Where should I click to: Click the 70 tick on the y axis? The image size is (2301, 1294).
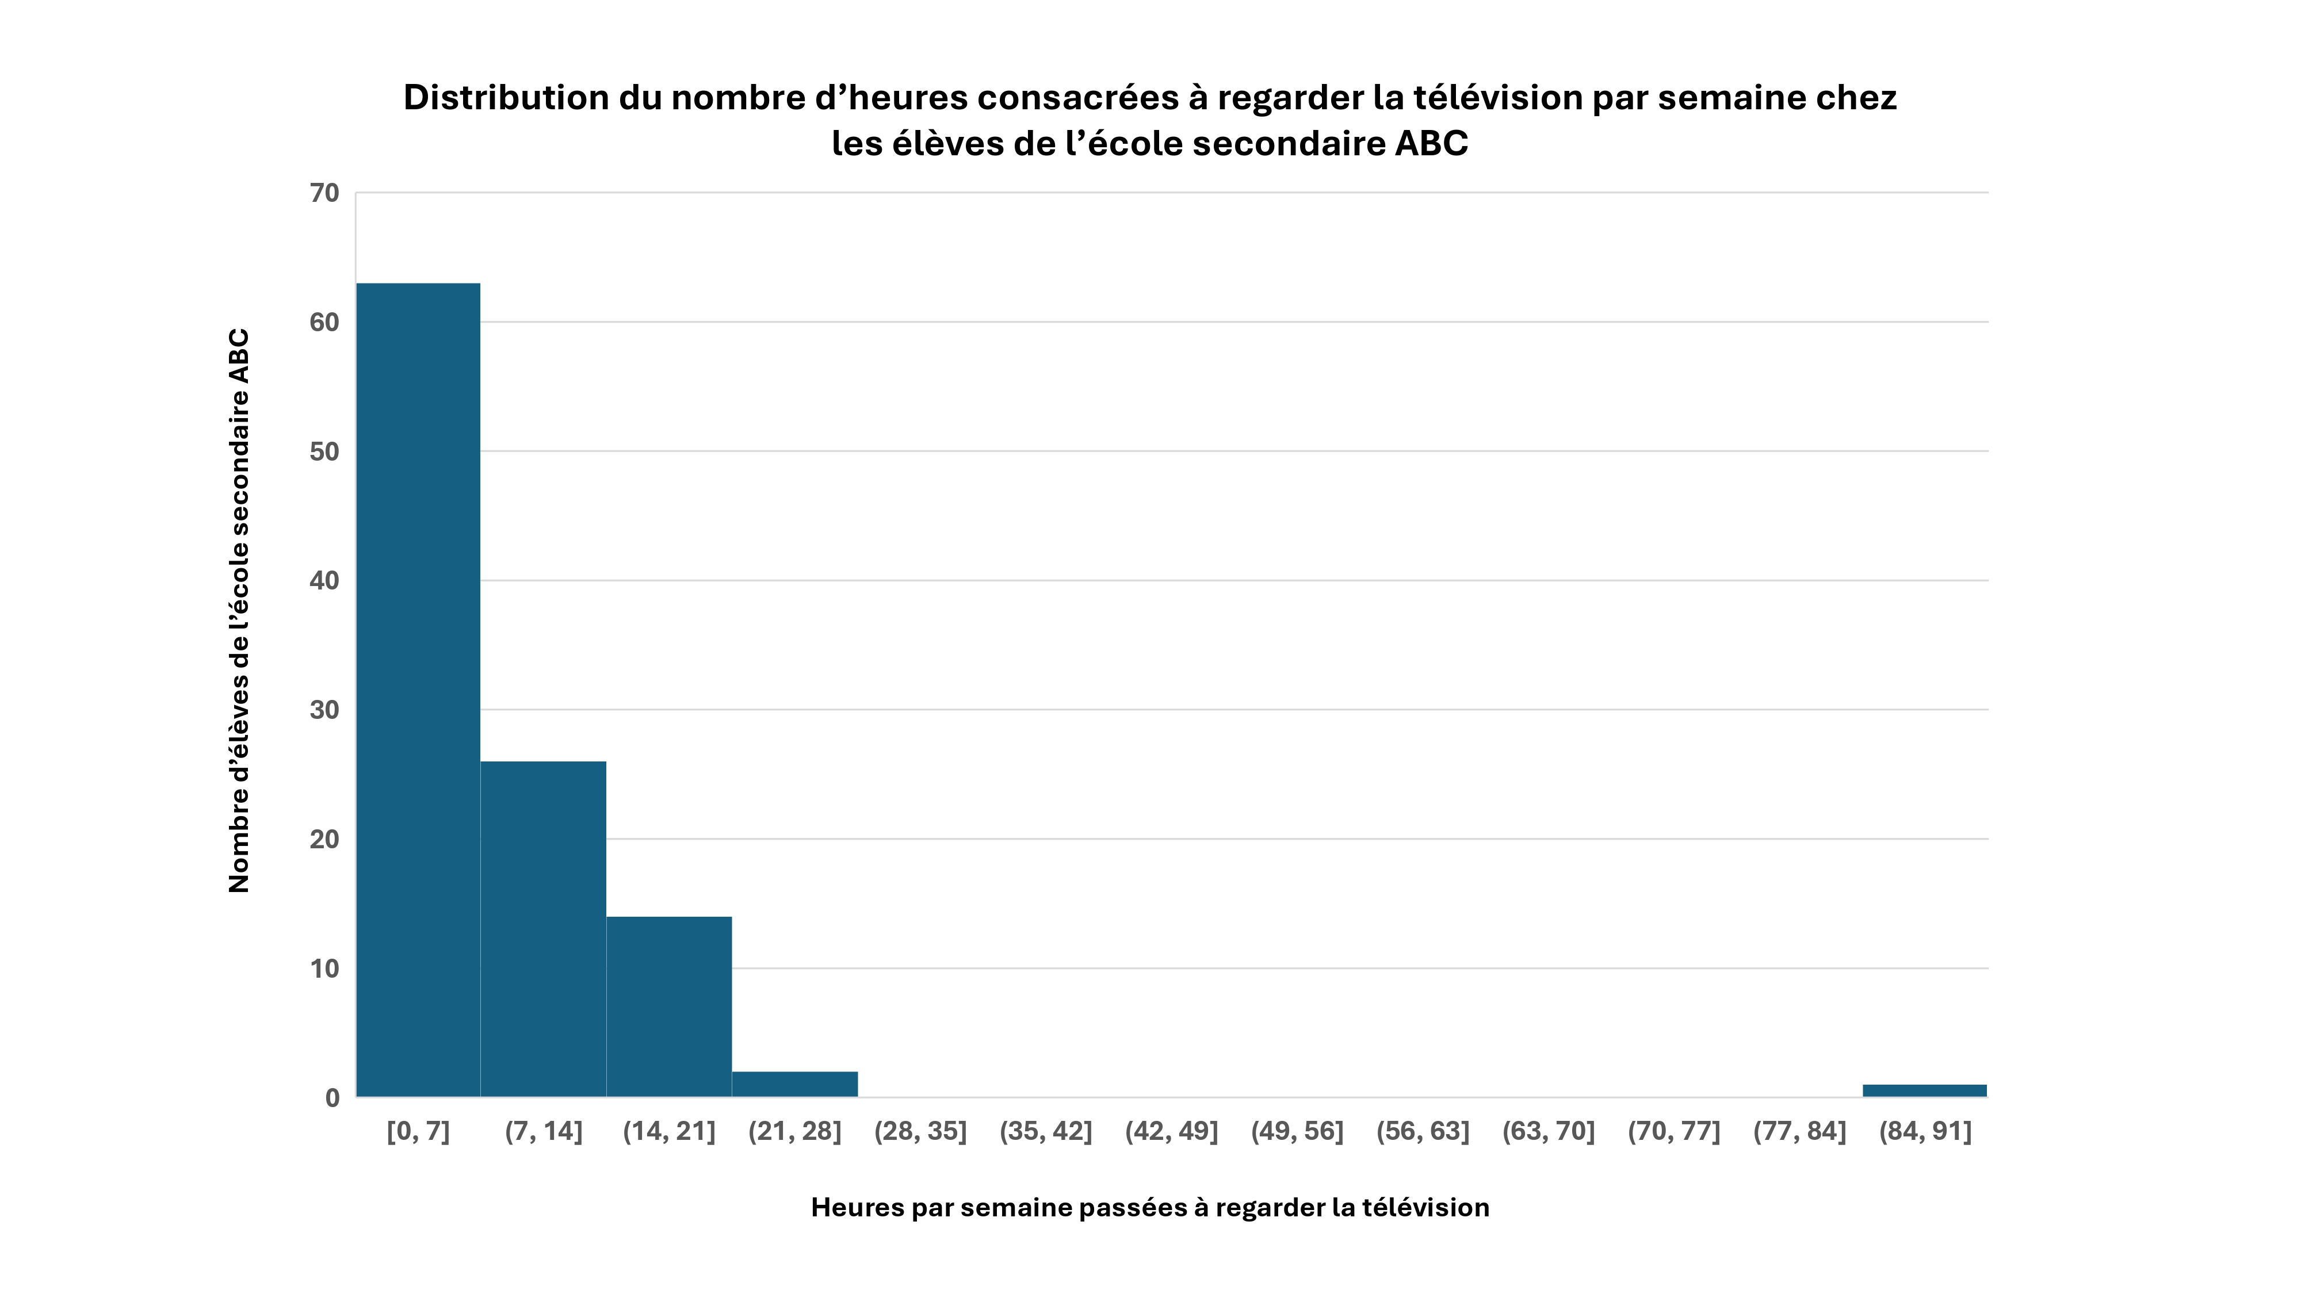click(x=325, y=193)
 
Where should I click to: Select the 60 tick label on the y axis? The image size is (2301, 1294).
click(x=325, y=323)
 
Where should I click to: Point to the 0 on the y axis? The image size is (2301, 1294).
click(x=332, y=1098)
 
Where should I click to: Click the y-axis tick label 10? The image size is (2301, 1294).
click(x=325, y=969)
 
